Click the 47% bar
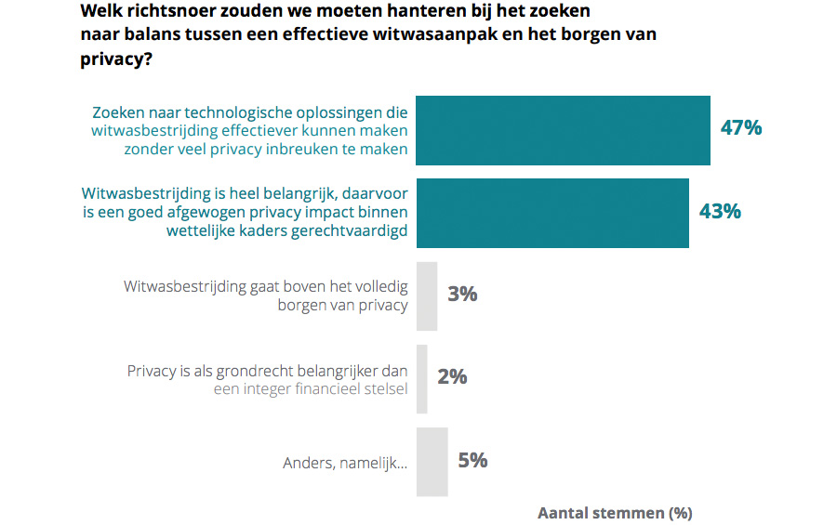click(563, 130)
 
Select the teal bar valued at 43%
click(552, 213)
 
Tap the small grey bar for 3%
click(427, 295)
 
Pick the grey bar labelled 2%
click(422, 378)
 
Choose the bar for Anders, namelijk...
click(432, 461)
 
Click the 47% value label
click(741, 128)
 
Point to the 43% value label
click(720, 212)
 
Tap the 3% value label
click(462, 295)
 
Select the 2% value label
click(452, 377)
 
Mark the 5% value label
click(472, 460)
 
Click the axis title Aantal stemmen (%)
click(615, 513)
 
